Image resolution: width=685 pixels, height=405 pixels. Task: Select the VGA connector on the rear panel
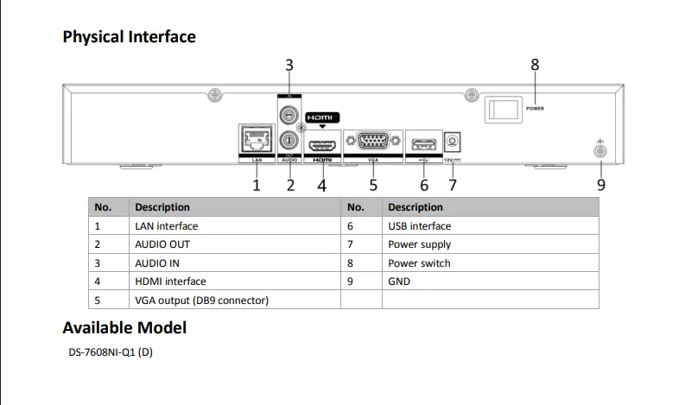(x=372, y=142)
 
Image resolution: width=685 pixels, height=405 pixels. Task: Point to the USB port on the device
(x=422, y=142)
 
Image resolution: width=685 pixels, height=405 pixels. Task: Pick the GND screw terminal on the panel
(x=600, y=152)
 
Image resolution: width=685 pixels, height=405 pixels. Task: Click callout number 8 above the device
(x=535, y=64)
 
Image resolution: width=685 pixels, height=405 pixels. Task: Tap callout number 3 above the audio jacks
(x=289, y=65)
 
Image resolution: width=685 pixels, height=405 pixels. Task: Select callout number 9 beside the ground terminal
(x=601, y=184)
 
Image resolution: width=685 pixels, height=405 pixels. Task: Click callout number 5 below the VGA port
(x=373, y=184)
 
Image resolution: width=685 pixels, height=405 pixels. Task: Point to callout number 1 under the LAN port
(x=257, y=184)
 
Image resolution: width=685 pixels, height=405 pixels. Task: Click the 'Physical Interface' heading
(x=130, y=37)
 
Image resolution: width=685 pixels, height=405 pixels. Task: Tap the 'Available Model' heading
(x=124, y=328)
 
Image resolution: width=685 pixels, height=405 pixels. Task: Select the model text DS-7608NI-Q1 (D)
(x=111, y=352)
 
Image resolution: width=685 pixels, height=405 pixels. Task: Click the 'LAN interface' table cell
(x=167, y=226)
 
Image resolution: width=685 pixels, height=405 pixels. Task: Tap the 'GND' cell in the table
(x=399, y=282)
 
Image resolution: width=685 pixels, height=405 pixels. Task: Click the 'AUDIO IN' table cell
(x=157, y=263)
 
